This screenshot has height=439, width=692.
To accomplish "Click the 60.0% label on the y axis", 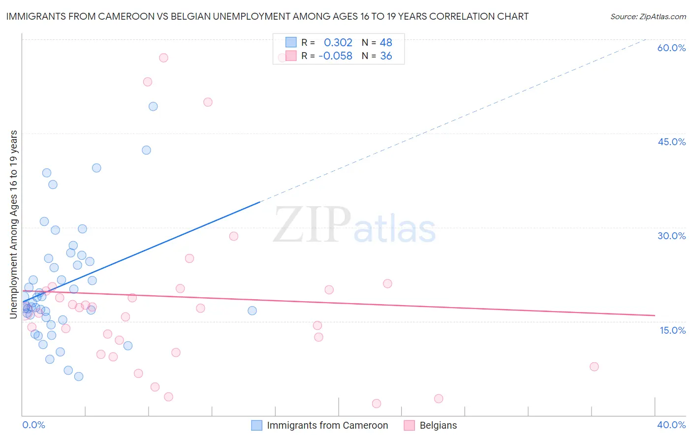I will (x=671, y=48).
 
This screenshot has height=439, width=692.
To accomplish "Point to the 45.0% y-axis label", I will (x=671, y=142).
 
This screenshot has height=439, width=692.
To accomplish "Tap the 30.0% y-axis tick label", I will (x=671, y=236).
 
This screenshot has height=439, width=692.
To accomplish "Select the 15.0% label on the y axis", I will (x=672, y=330).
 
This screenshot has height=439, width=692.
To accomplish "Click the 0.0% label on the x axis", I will (x=33, y=425).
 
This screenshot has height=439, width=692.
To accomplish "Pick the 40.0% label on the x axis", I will (x=671, y=425).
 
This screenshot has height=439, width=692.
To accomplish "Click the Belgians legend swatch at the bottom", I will (x=409, y=425).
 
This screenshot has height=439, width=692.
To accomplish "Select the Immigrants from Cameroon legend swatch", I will (x=256, y=425).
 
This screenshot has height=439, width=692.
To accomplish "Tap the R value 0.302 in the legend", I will (x=338, y=43).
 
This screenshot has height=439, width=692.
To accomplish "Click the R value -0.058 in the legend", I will (x=336, y=56).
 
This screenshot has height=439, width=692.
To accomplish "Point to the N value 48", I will (x=386, y=43).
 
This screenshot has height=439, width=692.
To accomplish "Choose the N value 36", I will (x=386, y=56).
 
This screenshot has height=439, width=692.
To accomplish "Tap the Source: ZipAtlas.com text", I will (x=648, y=16).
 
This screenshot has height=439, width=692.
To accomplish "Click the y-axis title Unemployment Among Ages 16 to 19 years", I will (x=14, y=224).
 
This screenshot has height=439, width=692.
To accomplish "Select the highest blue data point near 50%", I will (x=153, y=106).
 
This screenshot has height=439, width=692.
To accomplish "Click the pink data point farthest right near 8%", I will (x=594, y=367).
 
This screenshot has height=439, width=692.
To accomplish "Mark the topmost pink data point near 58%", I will (x=163, y=58).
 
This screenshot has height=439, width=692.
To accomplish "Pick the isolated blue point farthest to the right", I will (x=252, y=311).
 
